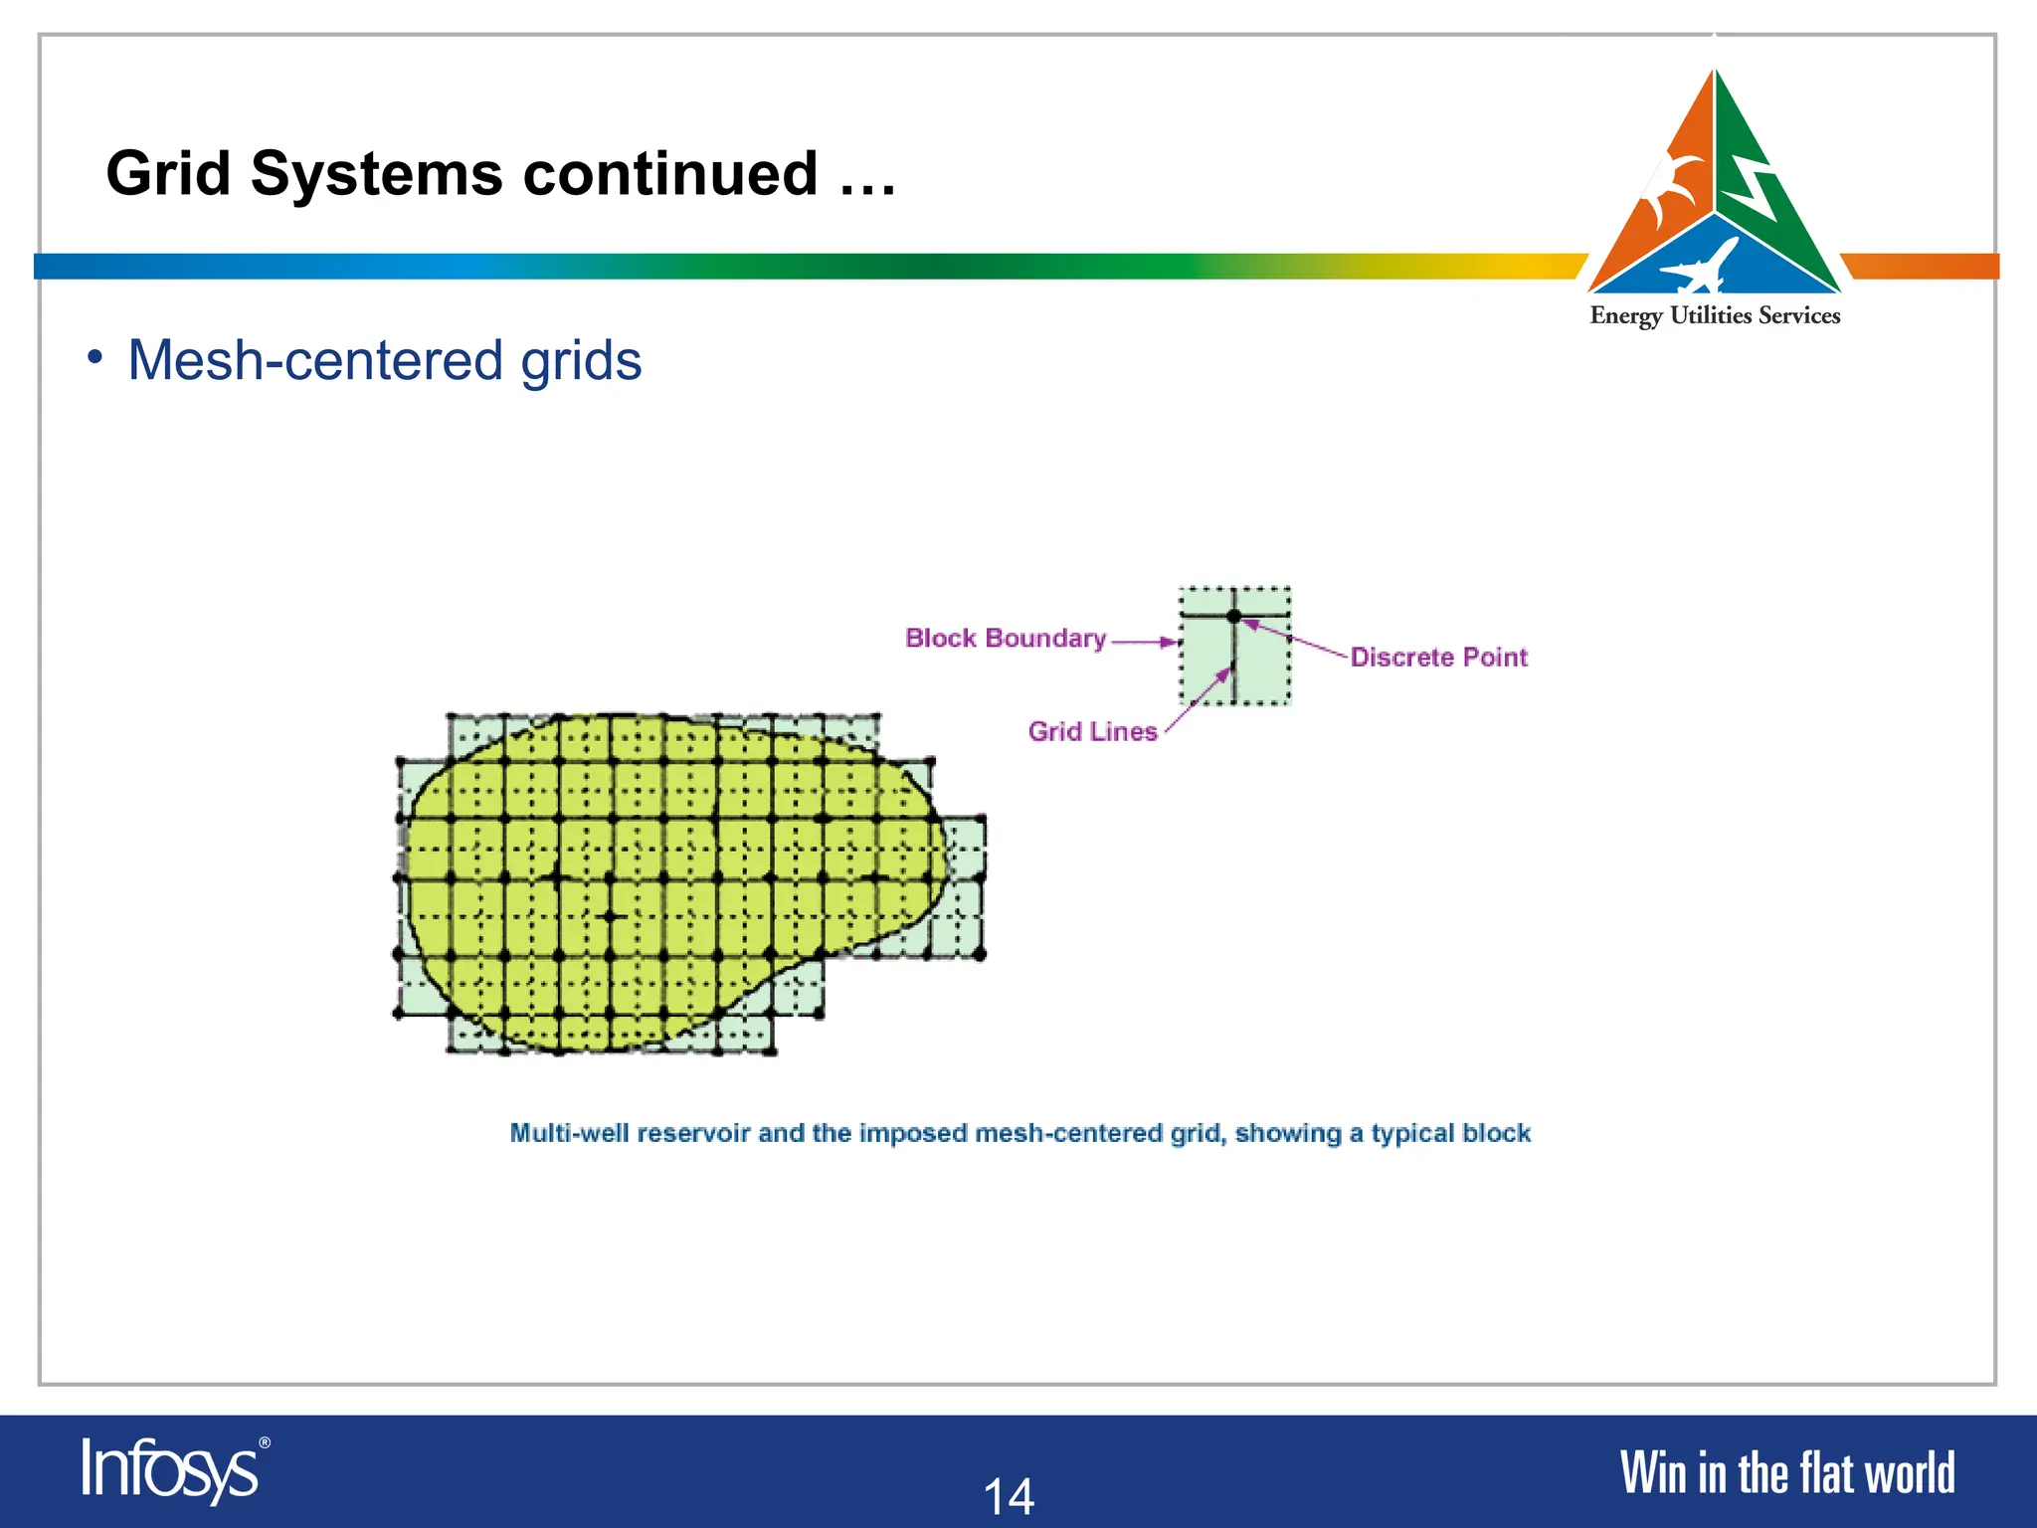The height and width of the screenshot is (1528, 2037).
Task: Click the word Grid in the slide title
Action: [x=167, y=174]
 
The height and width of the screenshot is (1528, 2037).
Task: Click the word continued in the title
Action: [x=669, y=174]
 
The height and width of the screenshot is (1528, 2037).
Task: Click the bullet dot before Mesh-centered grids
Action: [x=94, y=357]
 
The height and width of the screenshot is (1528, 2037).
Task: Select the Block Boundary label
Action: [x=1005, y=639]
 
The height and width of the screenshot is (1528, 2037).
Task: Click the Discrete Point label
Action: [x=1438, y=658]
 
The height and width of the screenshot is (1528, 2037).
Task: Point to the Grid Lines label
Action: [x=1092, y=732]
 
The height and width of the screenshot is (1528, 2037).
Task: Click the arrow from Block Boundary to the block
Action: [x=1144, y=642]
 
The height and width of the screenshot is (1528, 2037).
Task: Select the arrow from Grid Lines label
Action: [x=1199, y=700]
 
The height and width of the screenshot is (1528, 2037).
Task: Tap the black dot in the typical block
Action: [x=1234, y=617]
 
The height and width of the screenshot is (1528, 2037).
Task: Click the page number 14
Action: [x=1009, y=1496]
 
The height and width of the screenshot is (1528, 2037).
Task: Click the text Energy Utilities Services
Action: [x=1715, y=316]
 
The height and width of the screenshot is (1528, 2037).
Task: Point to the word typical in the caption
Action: [x=1413, y=1134]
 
